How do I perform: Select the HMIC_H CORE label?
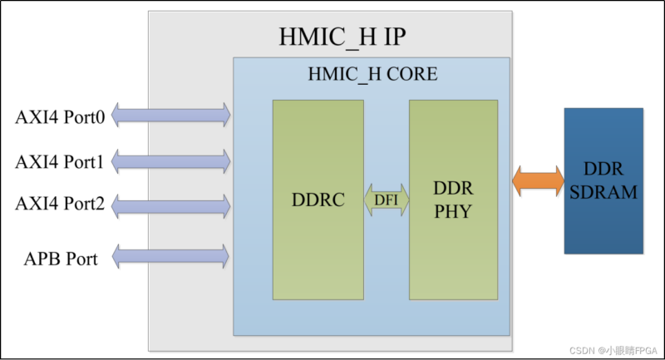pos(372,74)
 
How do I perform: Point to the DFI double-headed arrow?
pos(386,200)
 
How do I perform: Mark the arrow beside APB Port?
pos(170,257)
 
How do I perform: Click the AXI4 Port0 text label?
pos(60,117)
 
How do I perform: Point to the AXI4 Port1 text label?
pos(60,162)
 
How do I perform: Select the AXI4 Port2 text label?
pos(60,205)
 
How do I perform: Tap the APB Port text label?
pos(60,259)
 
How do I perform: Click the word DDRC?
pos(318,200)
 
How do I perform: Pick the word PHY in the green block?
pos(453,212)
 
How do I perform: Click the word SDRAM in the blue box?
pos(603,193)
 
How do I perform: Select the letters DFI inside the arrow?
pos(386,200)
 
